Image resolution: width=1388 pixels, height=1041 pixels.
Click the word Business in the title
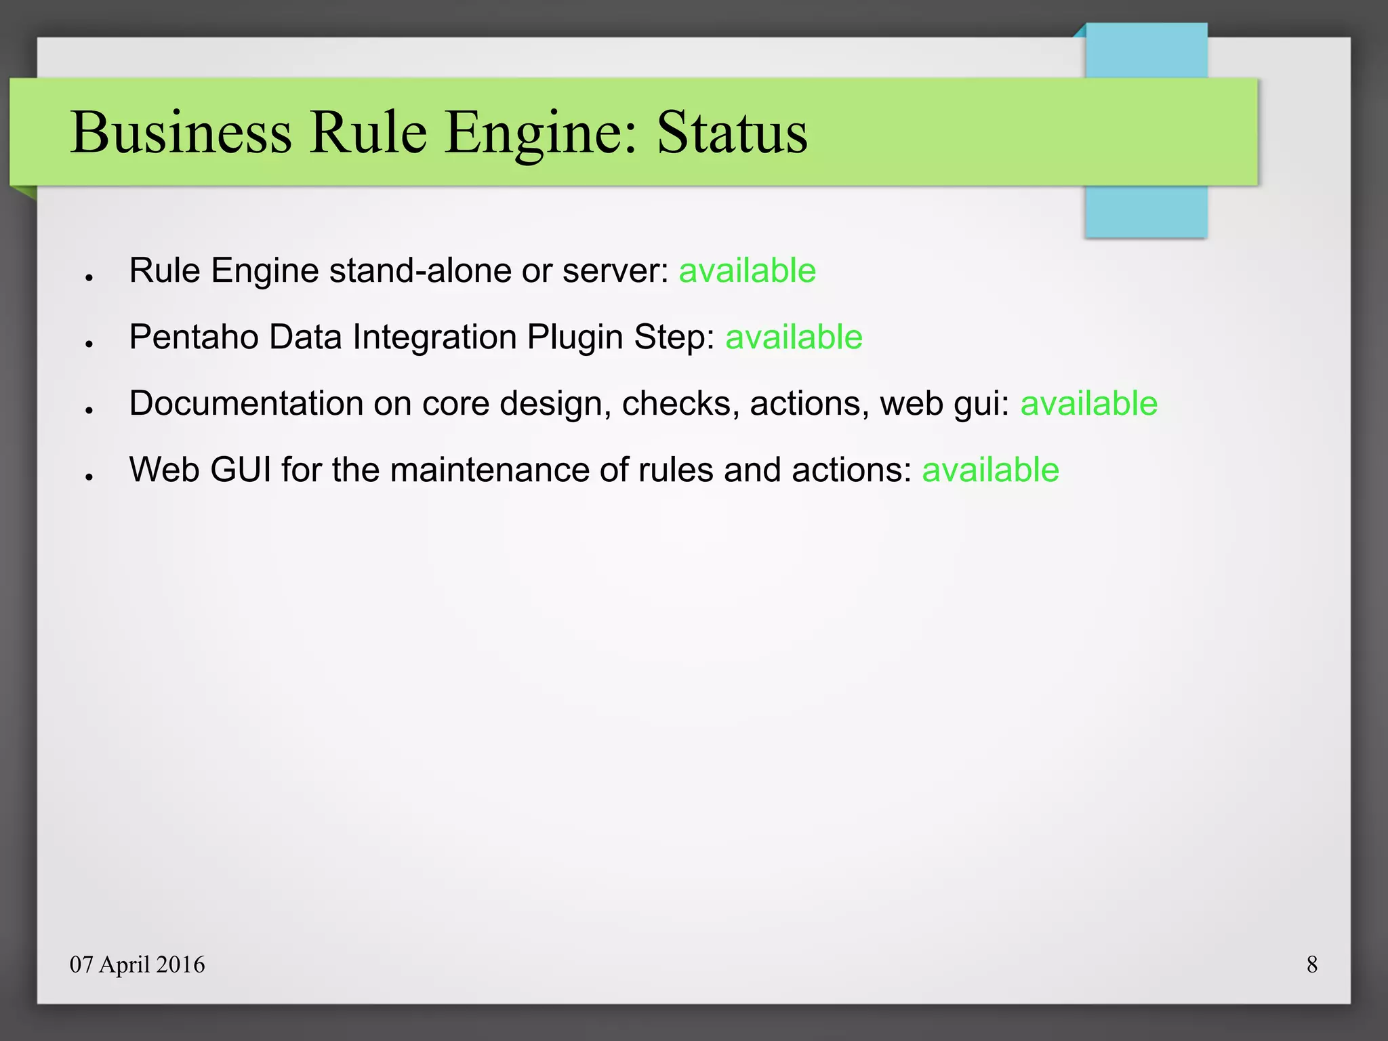click(x=182, y=132)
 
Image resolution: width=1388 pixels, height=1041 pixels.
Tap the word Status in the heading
click(x=732, y=132)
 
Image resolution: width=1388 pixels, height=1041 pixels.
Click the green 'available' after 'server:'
click(x=748, y=271)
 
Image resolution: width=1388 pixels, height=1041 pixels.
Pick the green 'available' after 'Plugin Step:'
click(x=794, y=338)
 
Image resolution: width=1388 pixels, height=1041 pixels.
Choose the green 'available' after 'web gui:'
click(x=1089, y=404)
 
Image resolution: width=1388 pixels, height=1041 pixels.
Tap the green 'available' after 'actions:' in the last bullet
click(x=990, y=470)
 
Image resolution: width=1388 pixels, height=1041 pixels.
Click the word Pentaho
click(x=194, y=338)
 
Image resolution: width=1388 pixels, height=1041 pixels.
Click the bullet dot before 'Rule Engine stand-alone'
click(x=89, y=277)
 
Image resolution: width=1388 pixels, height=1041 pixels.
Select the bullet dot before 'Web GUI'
click(x=89, y=477)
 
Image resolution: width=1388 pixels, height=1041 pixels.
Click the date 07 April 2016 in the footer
click(x=137, y=964)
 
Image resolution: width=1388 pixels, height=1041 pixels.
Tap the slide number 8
click(x=1312, y=964)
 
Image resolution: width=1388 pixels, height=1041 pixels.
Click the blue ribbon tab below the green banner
click(x=1145, y=211)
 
